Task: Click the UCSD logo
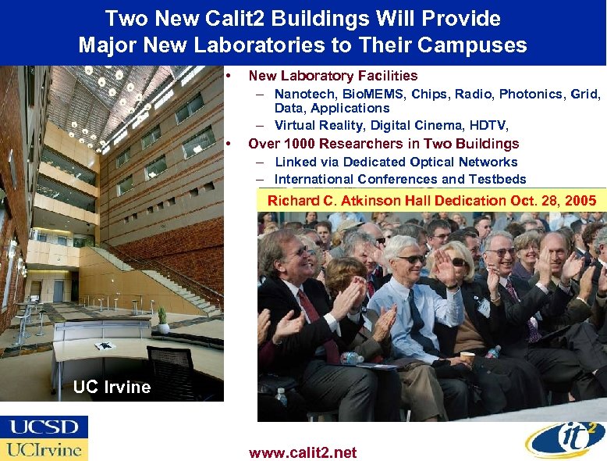44,427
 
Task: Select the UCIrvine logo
44,449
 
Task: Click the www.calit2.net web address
303,452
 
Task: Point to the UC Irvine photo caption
112,387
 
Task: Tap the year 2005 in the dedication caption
579,201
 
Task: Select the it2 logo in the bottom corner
566,440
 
